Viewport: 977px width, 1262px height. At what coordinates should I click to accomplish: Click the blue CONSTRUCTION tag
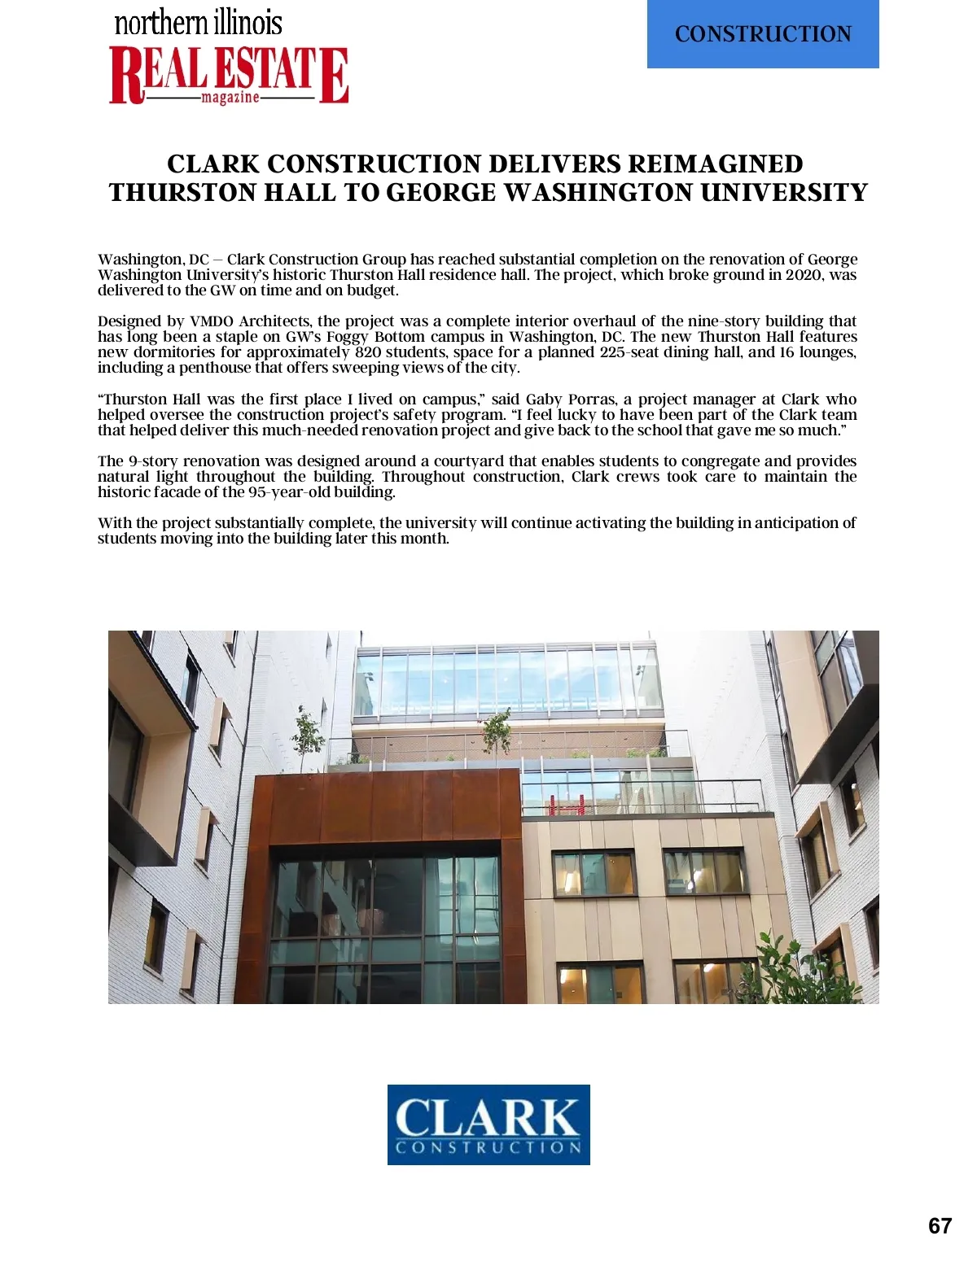click(763, 34)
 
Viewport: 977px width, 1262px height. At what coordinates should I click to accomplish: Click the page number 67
click(940, 1226)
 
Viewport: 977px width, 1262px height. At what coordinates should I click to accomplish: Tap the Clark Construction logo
click(488, 1124)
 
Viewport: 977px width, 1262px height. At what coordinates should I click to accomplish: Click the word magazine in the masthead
click(230, 98)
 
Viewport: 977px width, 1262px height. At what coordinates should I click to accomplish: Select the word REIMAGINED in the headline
click(715, 164)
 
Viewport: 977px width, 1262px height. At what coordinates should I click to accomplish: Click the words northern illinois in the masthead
click(199, 22)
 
